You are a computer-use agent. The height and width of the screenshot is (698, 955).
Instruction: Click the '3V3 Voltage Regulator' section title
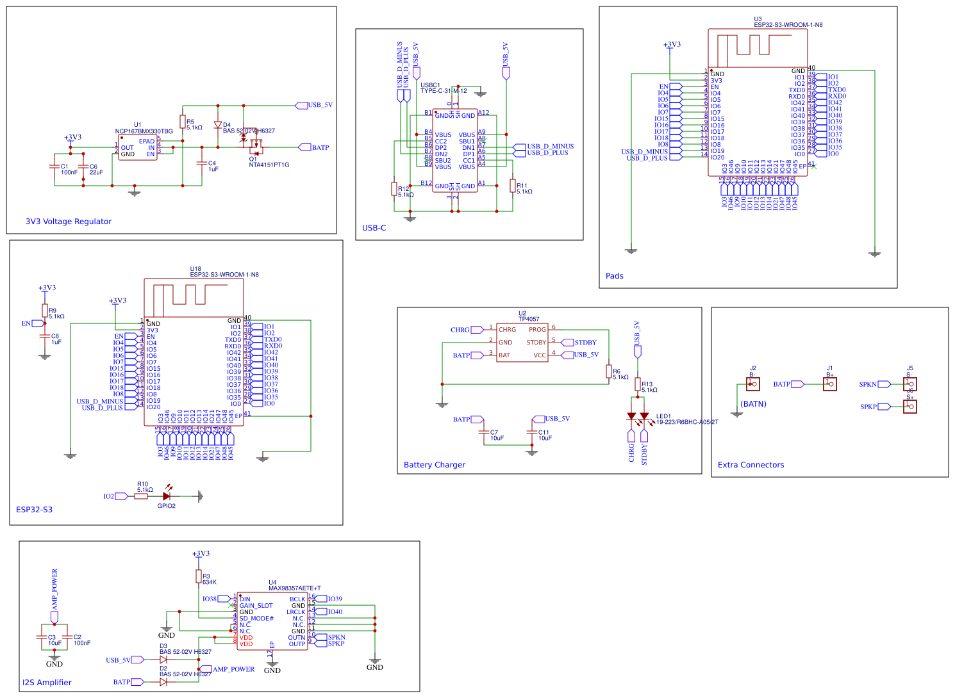69,222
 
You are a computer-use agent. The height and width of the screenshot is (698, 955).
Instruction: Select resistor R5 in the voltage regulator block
183,122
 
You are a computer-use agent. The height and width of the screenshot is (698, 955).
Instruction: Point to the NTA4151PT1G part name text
269,165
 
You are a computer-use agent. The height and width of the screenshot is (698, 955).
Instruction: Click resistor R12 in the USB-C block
394,189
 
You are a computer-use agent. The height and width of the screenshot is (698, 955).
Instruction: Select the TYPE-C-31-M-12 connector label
444,91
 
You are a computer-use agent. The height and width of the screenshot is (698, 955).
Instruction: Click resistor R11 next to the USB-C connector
513,186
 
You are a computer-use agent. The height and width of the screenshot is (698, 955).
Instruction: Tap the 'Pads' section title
614,276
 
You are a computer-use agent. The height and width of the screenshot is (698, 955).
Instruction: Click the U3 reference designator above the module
758,19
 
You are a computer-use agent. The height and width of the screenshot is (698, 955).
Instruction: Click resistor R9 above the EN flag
45,311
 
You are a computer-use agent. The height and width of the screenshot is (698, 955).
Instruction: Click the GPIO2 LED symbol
167,496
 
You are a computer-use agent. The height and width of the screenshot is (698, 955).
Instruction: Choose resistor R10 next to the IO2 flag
142,496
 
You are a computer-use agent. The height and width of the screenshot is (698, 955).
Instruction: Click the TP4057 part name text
529,319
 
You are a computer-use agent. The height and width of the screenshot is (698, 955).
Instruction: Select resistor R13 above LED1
638,384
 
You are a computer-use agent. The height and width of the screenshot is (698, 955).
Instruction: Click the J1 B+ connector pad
829,384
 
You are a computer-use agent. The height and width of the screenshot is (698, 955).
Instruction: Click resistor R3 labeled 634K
199,576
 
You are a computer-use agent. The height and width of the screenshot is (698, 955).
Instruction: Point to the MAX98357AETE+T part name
294,588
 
